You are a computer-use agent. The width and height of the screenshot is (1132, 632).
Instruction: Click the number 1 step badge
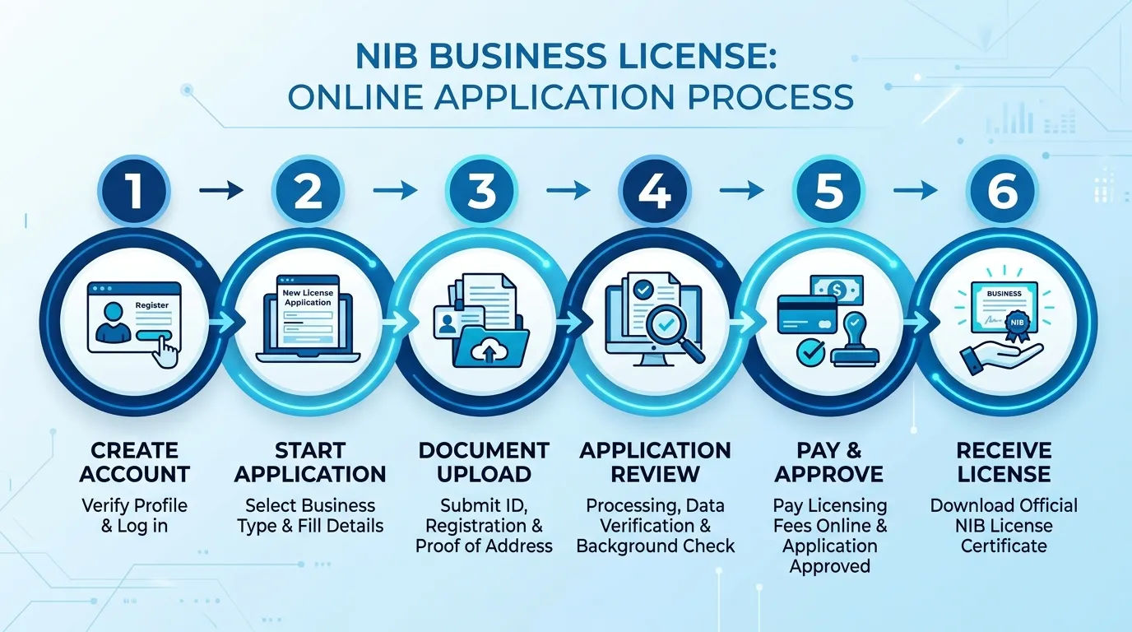(x=134, y=191)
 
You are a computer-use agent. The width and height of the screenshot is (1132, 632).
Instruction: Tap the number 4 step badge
(x=656, y=191)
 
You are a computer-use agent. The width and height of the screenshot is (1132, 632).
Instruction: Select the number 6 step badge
(x=1003, y=191)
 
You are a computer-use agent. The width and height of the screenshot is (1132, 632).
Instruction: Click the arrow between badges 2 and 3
(x=395, y=191)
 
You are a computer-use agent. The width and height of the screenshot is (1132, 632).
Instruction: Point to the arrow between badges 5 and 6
(x=916, y=191)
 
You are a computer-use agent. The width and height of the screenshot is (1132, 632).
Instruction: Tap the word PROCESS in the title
(x=770, y=96)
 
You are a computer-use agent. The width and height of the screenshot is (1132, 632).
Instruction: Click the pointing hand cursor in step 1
(x=165, y=351)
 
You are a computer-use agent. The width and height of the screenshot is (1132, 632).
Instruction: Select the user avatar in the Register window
(x=113, y=322)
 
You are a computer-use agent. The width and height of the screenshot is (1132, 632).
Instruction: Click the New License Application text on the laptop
(x=308, y=297)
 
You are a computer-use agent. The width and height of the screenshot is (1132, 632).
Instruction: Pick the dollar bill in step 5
(x=837, y=290)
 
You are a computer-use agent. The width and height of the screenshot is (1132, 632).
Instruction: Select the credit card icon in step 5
(x=807, y=314)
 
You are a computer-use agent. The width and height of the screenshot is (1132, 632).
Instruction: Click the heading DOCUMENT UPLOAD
(x=484, y=462)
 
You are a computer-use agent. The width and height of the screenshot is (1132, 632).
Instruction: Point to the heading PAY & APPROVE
(x=829, y=462)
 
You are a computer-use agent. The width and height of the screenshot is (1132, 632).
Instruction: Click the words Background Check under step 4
(x=656, y=546)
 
